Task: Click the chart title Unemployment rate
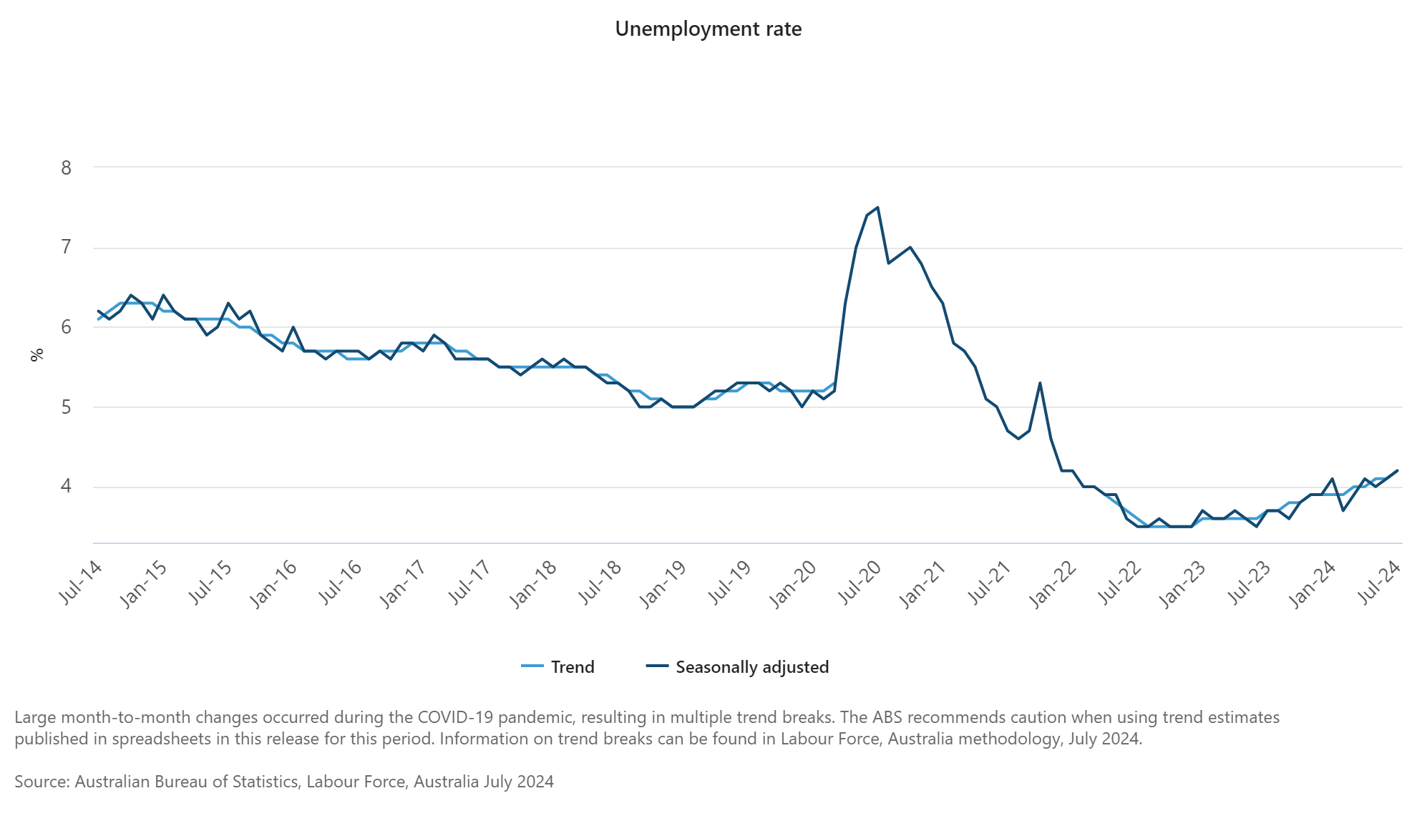(708, 29)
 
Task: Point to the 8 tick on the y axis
(67, 167)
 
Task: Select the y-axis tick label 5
(67, 407)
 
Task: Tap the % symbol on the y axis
(37, 354)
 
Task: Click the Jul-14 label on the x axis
(80, 583)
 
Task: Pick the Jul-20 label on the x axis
(859, 583)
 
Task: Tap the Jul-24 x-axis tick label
(1378, 583)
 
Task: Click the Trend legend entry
(558, 667)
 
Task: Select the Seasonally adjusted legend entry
(737, 667)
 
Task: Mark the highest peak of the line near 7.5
(877, 208)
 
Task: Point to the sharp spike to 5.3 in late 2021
(1040, 382)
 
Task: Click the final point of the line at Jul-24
(1398, 470)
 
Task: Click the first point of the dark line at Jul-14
(98, 311)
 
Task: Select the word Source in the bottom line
(40, 782)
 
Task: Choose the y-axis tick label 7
(67, 248)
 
